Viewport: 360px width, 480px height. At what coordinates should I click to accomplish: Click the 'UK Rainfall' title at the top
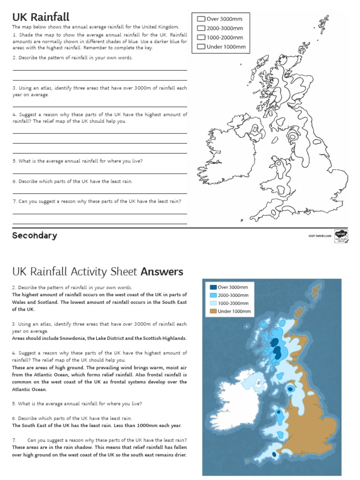click(41, 17)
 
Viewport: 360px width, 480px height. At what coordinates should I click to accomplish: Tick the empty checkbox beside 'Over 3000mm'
click(201, 19)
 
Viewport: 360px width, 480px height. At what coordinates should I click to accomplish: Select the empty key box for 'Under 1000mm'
click(201, 46)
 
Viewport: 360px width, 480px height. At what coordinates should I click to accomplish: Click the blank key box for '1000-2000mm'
click(201, 37)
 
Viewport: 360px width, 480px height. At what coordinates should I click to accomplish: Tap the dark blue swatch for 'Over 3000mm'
click(213, 287)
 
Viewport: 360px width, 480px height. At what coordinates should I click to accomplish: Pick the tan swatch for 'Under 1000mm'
click(213, 311)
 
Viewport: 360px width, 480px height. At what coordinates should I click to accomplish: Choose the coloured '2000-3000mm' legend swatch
click(213, 295)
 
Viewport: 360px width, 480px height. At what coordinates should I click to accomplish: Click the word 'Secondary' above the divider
click(35, 236)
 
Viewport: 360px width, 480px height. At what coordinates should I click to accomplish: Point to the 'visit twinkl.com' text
click(320, 236)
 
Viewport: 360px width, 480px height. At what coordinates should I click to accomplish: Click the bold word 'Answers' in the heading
click(162, 272)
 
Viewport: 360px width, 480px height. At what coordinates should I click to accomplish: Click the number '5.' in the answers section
click(15, 404)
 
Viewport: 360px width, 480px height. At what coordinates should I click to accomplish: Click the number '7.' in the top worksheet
click(15, 201)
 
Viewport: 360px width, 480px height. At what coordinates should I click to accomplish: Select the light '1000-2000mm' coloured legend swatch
click(213, 303)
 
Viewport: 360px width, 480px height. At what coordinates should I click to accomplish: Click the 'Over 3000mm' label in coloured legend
click(233, 287)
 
